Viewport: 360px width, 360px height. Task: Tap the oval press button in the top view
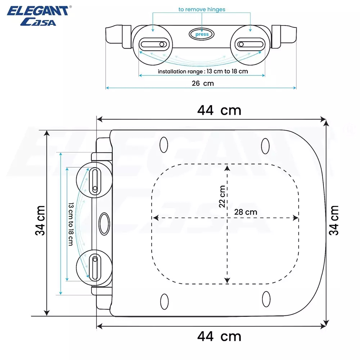tap(202, 34)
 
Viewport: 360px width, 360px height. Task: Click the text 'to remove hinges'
tap(202, 9)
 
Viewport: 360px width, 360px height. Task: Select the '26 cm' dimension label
tap(203, 84)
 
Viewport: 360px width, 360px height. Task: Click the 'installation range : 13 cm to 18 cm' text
tap(203, 71)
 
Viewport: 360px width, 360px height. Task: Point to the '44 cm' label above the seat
tap(219, 110)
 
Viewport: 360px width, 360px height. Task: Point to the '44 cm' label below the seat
tap(219, 337)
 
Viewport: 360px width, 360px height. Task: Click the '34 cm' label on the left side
tap(40, 220)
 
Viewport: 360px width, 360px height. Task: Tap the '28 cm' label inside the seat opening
tap(246, 212)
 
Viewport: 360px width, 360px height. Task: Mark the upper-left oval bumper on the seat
tap(164, 145)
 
